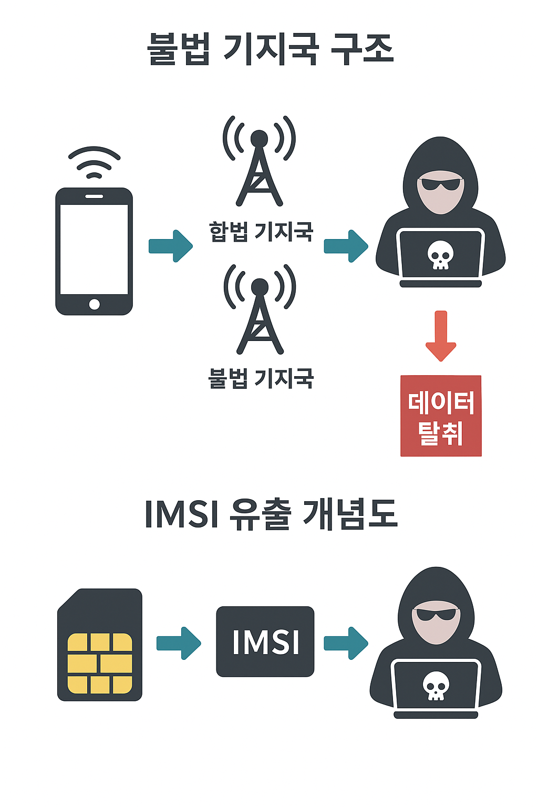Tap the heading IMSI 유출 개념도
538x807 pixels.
(270, 513)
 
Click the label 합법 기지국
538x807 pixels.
(261, 231)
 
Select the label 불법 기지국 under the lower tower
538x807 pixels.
(261, 378)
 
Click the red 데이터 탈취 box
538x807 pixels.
(441, 416)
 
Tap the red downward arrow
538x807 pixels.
(441, 336)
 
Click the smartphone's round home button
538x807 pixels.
(95, 304)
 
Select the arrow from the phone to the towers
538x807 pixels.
(171, 246)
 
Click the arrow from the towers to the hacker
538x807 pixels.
(346, 246)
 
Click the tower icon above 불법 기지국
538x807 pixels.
(260, 310)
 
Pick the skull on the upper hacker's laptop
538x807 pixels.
(440, 255)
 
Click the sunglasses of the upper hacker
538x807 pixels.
(441, 184)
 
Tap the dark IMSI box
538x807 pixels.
(265, 642)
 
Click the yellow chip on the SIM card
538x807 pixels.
(100, 663)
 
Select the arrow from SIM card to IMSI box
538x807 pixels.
(179, 643)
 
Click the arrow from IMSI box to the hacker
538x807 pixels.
(346, 643)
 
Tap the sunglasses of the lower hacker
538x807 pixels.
(436, 614)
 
